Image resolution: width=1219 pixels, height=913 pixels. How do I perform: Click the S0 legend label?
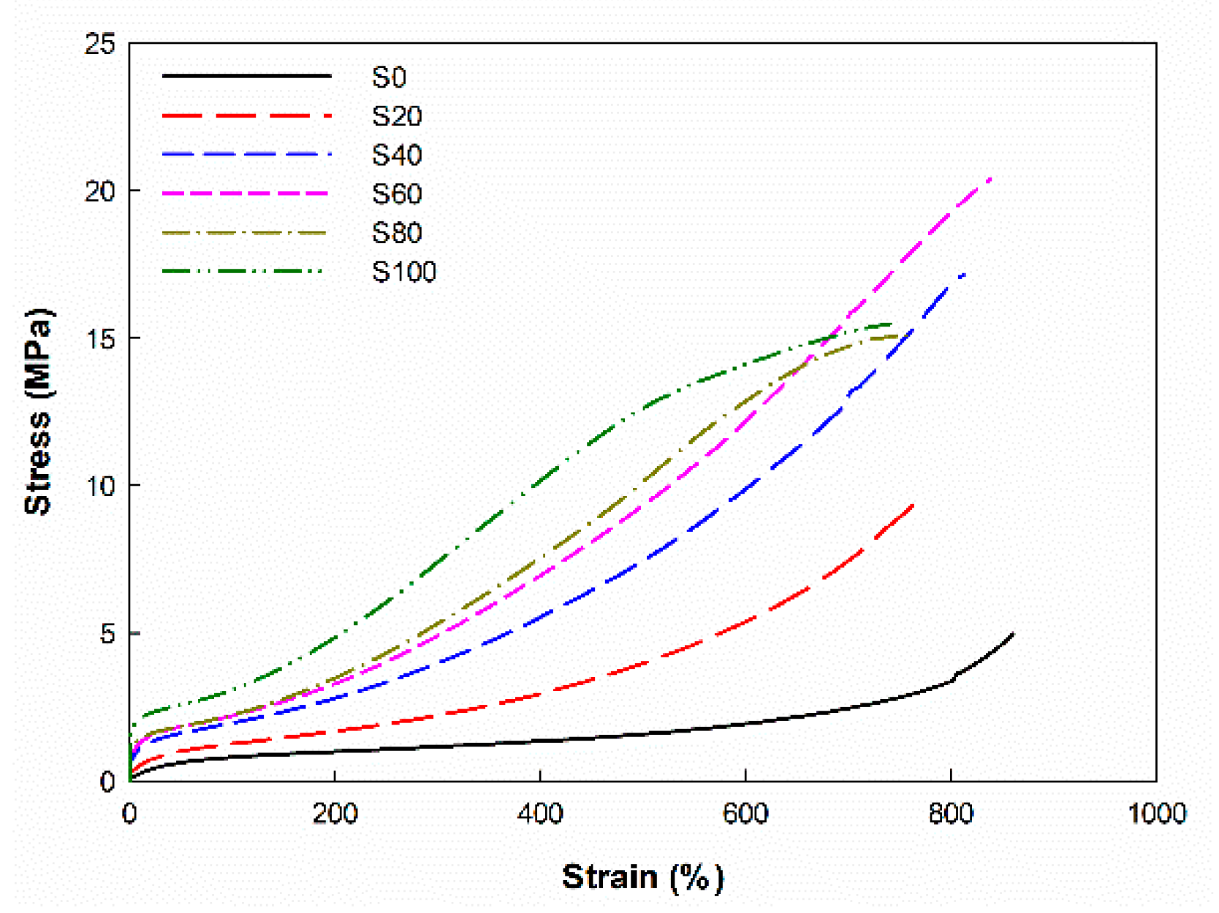click(x=389, y=77)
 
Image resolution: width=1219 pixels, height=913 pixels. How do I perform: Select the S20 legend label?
click(x=396, y=116)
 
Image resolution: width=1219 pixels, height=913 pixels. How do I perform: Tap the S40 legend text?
click(x=396, y=155)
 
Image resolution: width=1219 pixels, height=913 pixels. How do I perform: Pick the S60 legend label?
click(x=396, y=194)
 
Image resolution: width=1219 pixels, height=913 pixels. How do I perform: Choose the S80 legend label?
click(x=396, y=233)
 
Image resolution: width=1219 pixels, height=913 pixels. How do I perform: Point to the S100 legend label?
click(x=403, y=272)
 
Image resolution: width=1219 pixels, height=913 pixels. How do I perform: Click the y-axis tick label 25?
click(x=101, y=45)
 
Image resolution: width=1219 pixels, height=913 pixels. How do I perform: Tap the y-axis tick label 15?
click(x=101, y=339)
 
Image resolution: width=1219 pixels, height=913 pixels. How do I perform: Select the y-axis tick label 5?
click(x=108, y=634)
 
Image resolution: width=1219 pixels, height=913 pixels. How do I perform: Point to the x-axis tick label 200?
click(x=335, y=814)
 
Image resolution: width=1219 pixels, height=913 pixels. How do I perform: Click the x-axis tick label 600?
click(x=745, y=814)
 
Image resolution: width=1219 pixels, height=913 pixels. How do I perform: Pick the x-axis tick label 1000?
click(x=1156, y=814)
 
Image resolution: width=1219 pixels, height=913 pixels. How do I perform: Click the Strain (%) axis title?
click(x=642, y=876)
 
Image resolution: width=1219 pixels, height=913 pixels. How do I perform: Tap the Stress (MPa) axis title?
click(x=38, y=411)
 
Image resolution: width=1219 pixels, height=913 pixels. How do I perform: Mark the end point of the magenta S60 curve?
click(x=991, y=177)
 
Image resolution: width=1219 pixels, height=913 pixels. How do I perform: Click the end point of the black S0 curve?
click(x=1013, y=634)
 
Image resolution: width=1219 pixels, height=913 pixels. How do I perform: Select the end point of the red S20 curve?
click(x=914, y=505)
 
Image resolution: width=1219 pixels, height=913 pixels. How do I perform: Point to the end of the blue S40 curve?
click(x=965, y=274)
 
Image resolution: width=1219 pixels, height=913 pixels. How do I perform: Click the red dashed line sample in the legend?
click(x=246, y=115)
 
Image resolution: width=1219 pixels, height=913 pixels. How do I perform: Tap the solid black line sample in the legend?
click(x=246, y=76)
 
